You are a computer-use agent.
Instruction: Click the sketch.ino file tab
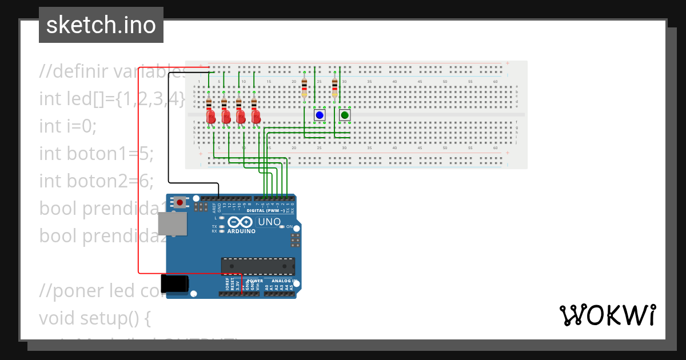(x=101, y=25)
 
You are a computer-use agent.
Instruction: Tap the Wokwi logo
(x=607, y=315)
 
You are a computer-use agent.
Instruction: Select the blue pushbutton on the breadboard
(x=320, y=115)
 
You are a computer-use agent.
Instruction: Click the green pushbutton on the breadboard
(x=345, y=115)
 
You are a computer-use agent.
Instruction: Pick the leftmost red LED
(x=210, y=117)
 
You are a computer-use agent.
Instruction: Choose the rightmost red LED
(x=256, y=117)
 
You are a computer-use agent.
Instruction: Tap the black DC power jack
(x=174, y=284)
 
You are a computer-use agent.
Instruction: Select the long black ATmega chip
(x=258, y=266)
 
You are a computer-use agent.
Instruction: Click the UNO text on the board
(x=269, y=222)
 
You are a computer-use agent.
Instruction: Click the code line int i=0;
(x=67, y=126)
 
